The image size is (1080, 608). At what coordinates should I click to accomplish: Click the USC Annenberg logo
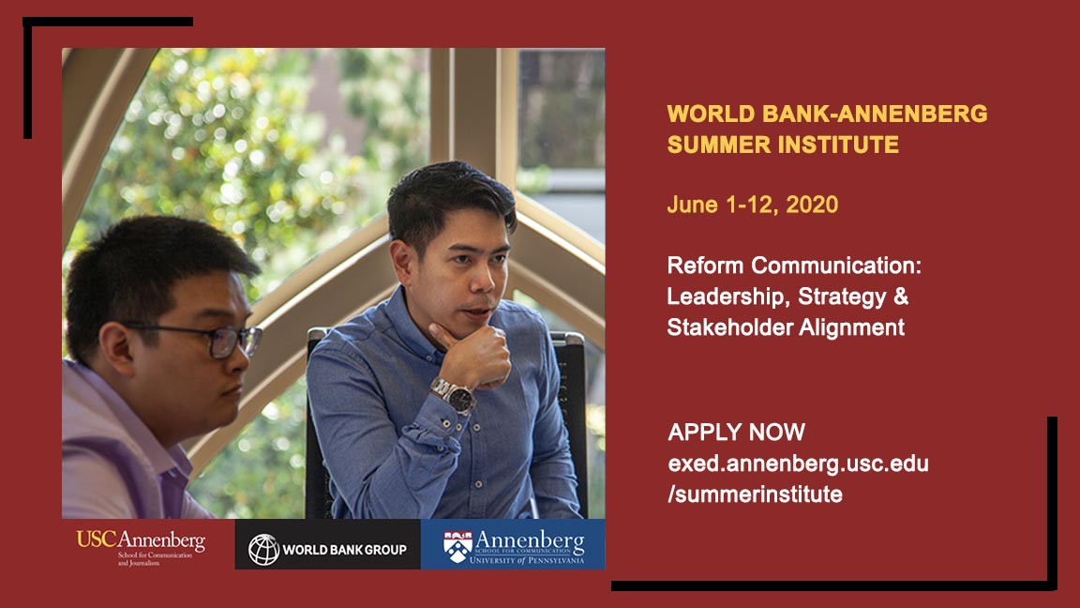141,544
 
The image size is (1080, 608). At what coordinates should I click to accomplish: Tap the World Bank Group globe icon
263,549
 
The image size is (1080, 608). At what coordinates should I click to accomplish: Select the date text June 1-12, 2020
752,205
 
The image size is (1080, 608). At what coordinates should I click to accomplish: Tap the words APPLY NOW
736,433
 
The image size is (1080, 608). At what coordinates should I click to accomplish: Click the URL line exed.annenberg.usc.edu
798,464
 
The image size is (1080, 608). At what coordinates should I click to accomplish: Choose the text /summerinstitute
755,494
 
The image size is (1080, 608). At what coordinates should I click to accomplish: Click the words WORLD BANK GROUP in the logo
344,549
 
